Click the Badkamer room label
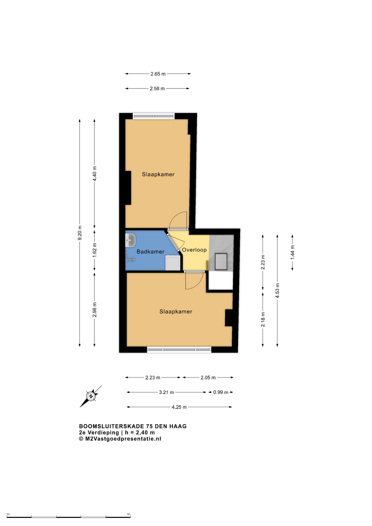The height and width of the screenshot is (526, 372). (x=150, y=251)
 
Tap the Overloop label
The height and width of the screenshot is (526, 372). (x=194, y=250)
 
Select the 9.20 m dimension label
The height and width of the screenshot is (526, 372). (x=80, y=233)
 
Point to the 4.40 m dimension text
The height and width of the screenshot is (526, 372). (x=95, y=174)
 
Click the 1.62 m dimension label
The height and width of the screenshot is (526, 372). (x=95, y=250)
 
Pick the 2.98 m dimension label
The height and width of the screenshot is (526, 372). (x=95, y=310)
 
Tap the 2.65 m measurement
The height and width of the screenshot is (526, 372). (x=158, y=74)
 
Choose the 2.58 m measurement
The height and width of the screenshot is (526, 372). (x=157, y=89)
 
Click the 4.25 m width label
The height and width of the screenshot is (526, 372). (x=179, y=407)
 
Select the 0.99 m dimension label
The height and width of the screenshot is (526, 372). (x=221, y=393)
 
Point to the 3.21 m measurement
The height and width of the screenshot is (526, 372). (x=167, y=393)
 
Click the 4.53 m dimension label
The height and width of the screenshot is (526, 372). (x=277, y=290)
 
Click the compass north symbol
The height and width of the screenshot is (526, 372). (x=91, y=396)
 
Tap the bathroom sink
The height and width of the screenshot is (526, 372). (x=130, y=240)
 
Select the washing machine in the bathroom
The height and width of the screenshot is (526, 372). (x=173, y=263)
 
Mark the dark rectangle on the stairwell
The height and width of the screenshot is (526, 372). (x=221, y=262)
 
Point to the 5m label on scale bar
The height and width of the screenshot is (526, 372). (x=129, y=514)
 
